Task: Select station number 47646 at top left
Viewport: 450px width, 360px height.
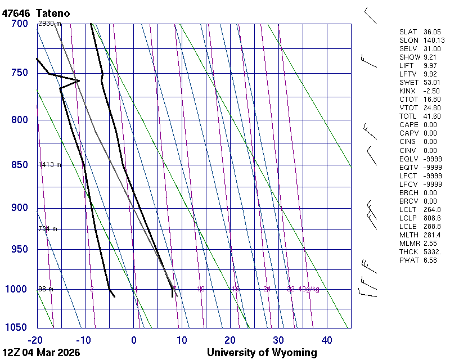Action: pos(16,12)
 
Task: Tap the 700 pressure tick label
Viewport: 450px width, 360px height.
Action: pos(19,24)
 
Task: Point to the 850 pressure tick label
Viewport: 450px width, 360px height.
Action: pos(19,165)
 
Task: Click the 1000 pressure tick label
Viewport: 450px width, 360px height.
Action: pos(17,289)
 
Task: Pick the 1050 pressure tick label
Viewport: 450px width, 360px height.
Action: pos(17,328)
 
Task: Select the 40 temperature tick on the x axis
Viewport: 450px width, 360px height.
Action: pos(327,340)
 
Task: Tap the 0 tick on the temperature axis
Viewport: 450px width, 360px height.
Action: pos(134,340)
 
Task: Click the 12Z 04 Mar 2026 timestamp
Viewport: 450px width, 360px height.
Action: pos(41,353)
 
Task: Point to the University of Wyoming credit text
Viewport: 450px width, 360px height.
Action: pos(262,353)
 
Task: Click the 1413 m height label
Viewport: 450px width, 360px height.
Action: pos(49,165)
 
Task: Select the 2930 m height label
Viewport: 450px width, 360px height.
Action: pos(49,24)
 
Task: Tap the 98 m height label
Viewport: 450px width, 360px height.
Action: pos(46,289)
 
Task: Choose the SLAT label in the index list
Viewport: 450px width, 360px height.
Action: pos(408,32)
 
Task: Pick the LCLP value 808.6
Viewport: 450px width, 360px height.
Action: pos(431,218)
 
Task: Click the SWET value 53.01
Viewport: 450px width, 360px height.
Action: pos(431,83)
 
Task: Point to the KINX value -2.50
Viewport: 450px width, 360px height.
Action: pos(431,91)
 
